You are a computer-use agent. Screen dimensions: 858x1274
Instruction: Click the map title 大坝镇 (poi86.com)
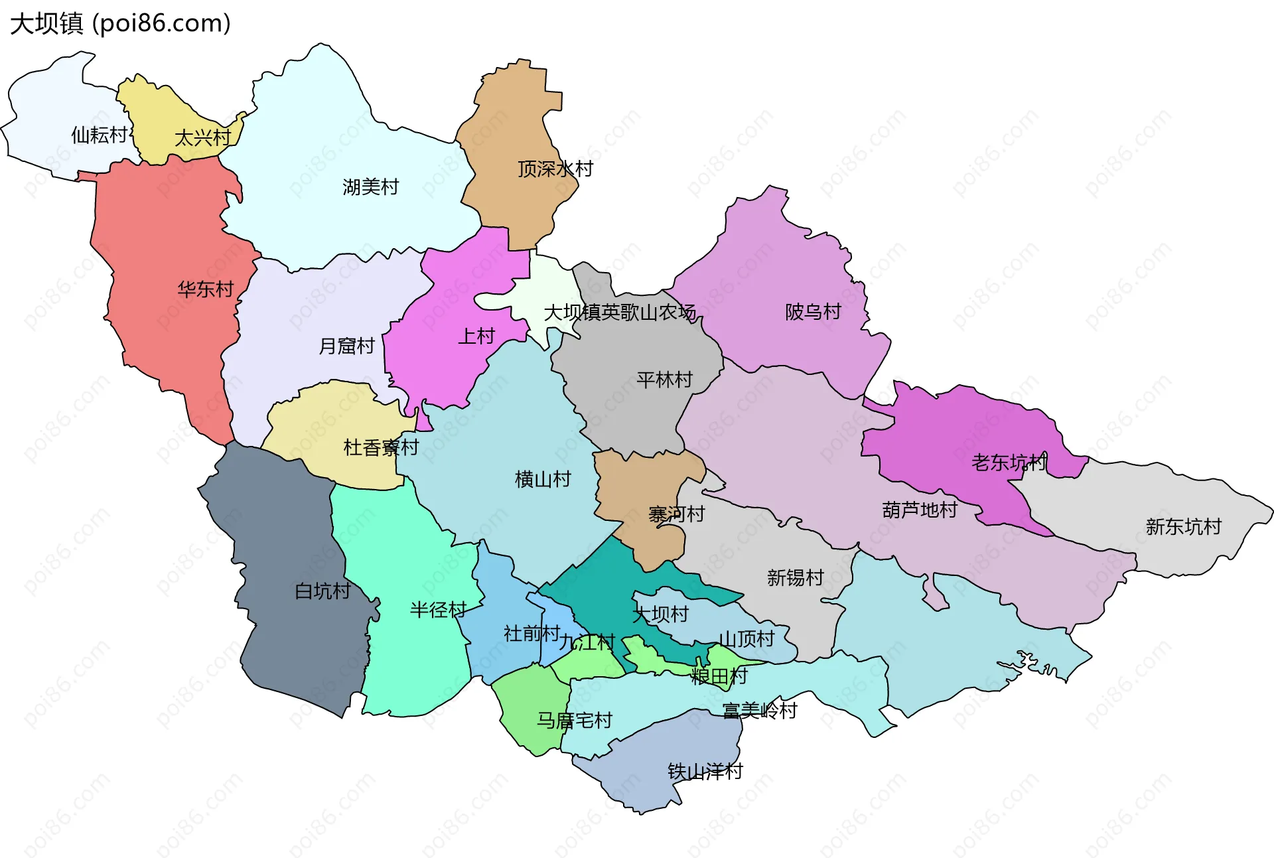tap(120, 23)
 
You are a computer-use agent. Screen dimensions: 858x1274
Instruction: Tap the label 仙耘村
tap(99, 135)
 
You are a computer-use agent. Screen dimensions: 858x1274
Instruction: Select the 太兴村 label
tap(202, 138)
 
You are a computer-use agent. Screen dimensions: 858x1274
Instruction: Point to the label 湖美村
tap(370, 187)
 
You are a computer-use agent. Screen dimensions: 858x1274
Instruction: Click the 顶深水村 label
tap(555, 169)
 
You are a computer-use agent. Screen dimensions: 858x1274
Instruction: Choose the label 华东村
tap(206, 289)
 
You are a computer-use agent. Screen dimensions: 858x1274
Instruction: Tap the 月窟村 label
tap(346, 346)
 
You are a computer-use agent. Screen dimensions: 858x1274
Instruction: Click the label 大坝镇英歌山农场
tap(620, 312)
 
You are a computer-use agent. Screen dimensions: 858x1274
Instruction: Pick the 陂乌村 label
tap(813, 312)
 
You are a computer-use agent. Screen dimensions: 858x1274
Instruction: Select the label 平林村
tap(664, 380)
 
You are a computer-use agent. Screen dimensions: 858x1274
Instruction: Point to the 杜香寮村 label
tap(381, 447)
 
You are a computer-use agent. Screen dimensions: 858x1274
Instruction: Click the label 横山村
tap(543, 479)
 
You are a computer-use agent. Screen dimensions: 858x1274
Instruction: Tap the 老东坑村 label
tap(1009, 463)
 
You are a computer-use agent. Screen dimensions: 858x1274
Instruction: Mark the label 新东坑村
tap(1183, 527)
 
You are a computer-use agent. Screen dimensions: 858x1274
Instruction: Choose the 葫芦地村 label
tap(920, 510)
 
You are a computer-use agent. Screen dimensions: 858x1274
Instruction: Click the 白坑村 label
tap(322, 591)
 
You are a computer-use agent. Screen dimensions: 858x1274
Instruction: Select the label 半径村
tap(438, 610)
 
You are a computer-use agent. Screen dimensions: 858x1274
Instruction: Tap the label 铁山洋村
tap(705, 771)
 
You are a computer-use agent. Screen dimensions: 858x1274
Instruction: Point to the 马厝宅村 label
tap(574, 720)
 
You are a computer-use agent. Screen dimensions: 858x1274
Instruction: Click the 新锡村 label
tap(795, 577)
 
